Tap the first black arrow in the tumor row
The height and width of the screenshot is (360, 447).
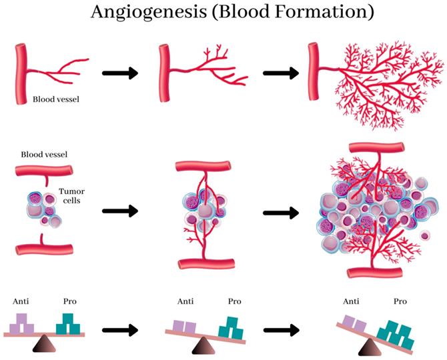(x=120, y=211)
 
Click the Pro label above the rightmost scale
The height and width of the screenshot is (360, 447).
(x=400, y=301)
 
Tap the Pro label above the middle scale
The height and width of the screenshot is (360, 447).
(x=234, y=301)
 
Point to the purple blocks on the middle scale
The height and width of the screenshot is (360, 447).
(x=185, y=326)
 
